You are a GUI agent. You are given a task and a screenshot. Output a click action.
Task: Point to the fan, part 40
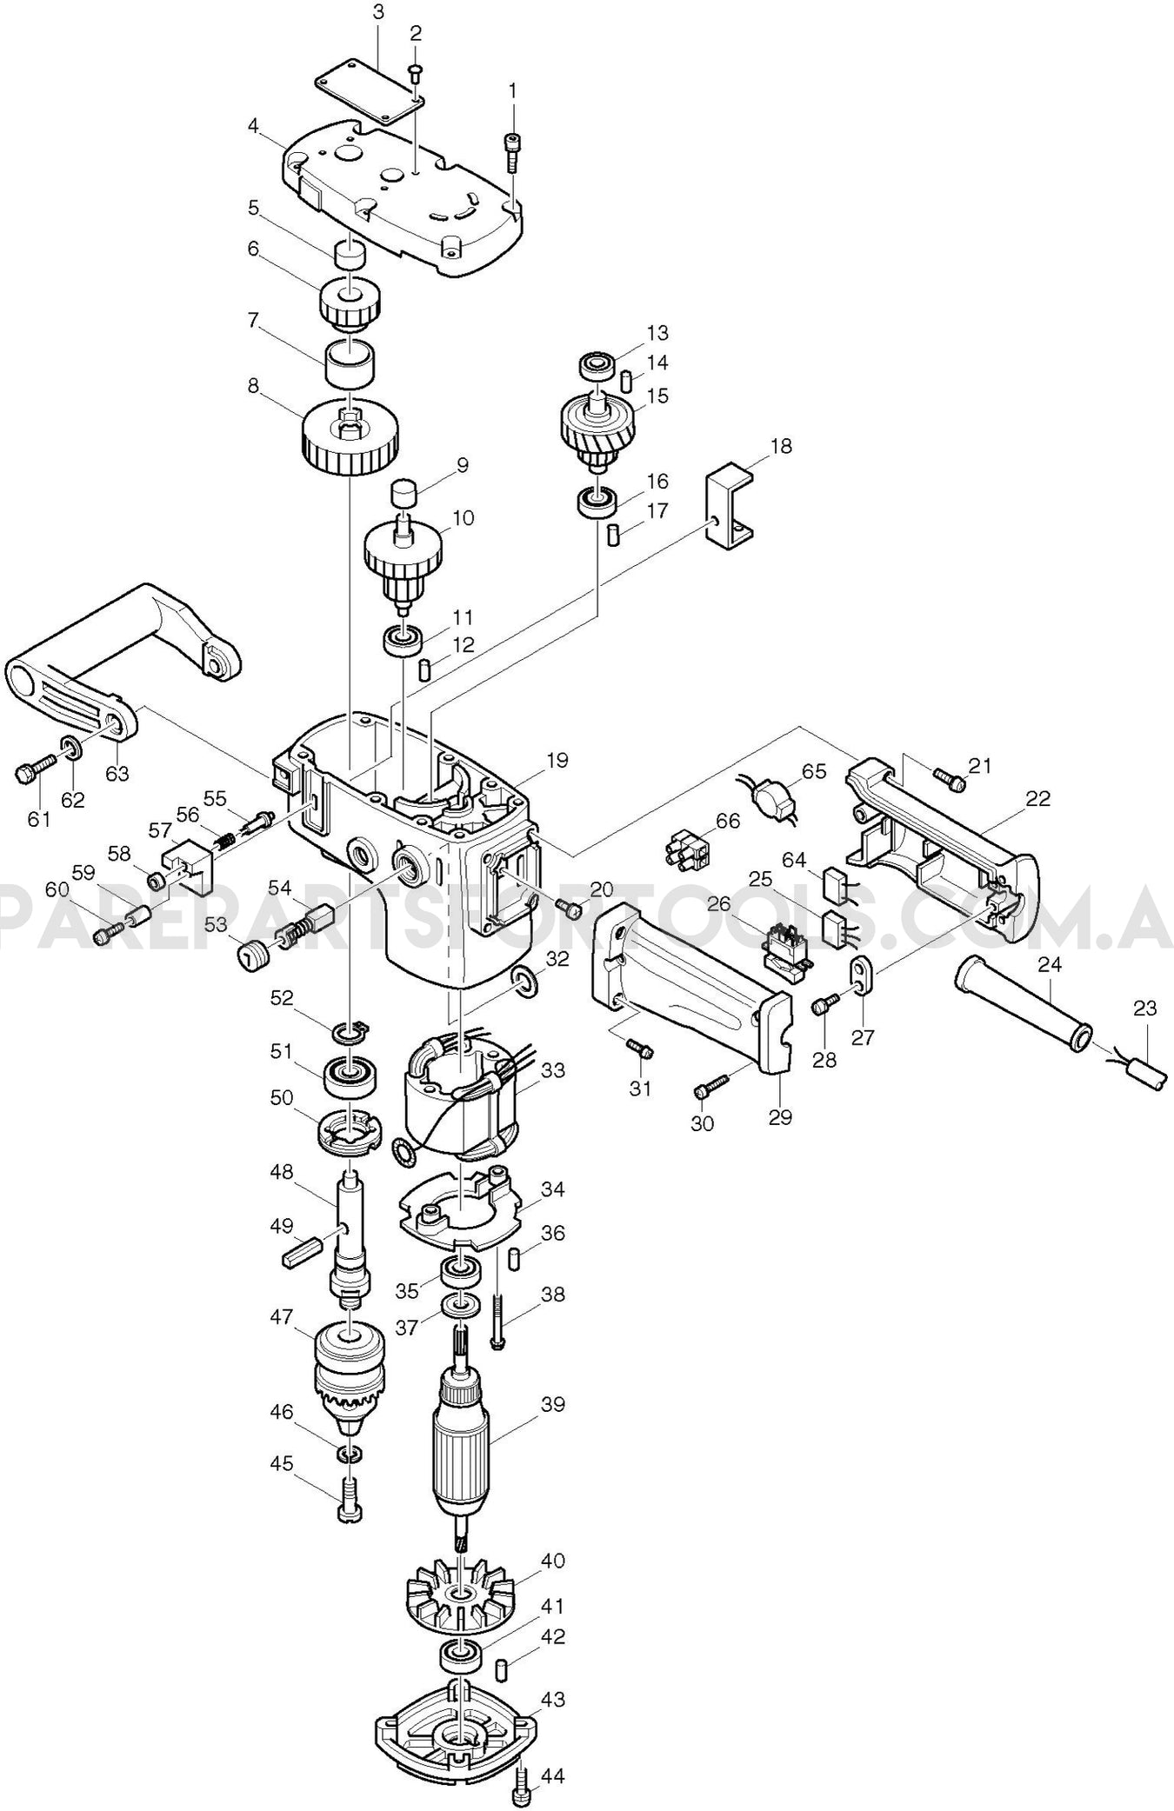tap(460, 1595)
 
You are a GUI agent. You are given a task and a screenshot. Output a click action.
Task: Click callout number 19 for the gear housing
tap(557, 761)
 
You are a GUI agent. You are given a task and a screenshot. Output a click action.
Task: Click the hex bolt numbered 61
tap(33, 769)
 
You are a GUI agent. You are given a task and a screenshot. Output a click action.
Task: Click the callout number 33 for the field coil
tap(552, 1071)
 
